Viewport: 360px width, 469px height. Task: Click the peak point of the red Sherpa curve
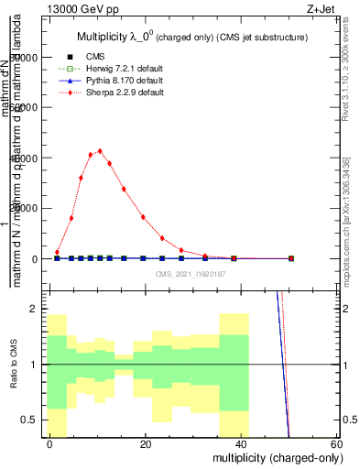pyautogui.click(x=100, y=151)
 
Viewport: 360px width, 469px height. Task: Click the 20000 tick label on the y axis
pyautogui.click(x=28, y=208)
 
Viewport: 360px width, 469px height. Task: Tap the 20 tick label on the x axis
pyautogui.click(x=146, y=443)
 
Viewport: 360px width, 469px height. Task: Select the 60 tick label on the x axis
pyautogui.click(x=336, y=443)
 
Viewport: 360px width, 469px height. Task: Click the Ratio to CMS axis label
pyautogui.click(x=14, y=365)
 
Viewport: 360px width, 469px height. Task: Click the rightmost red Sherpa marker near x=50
pyautogui.click(x=291, y=258)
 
